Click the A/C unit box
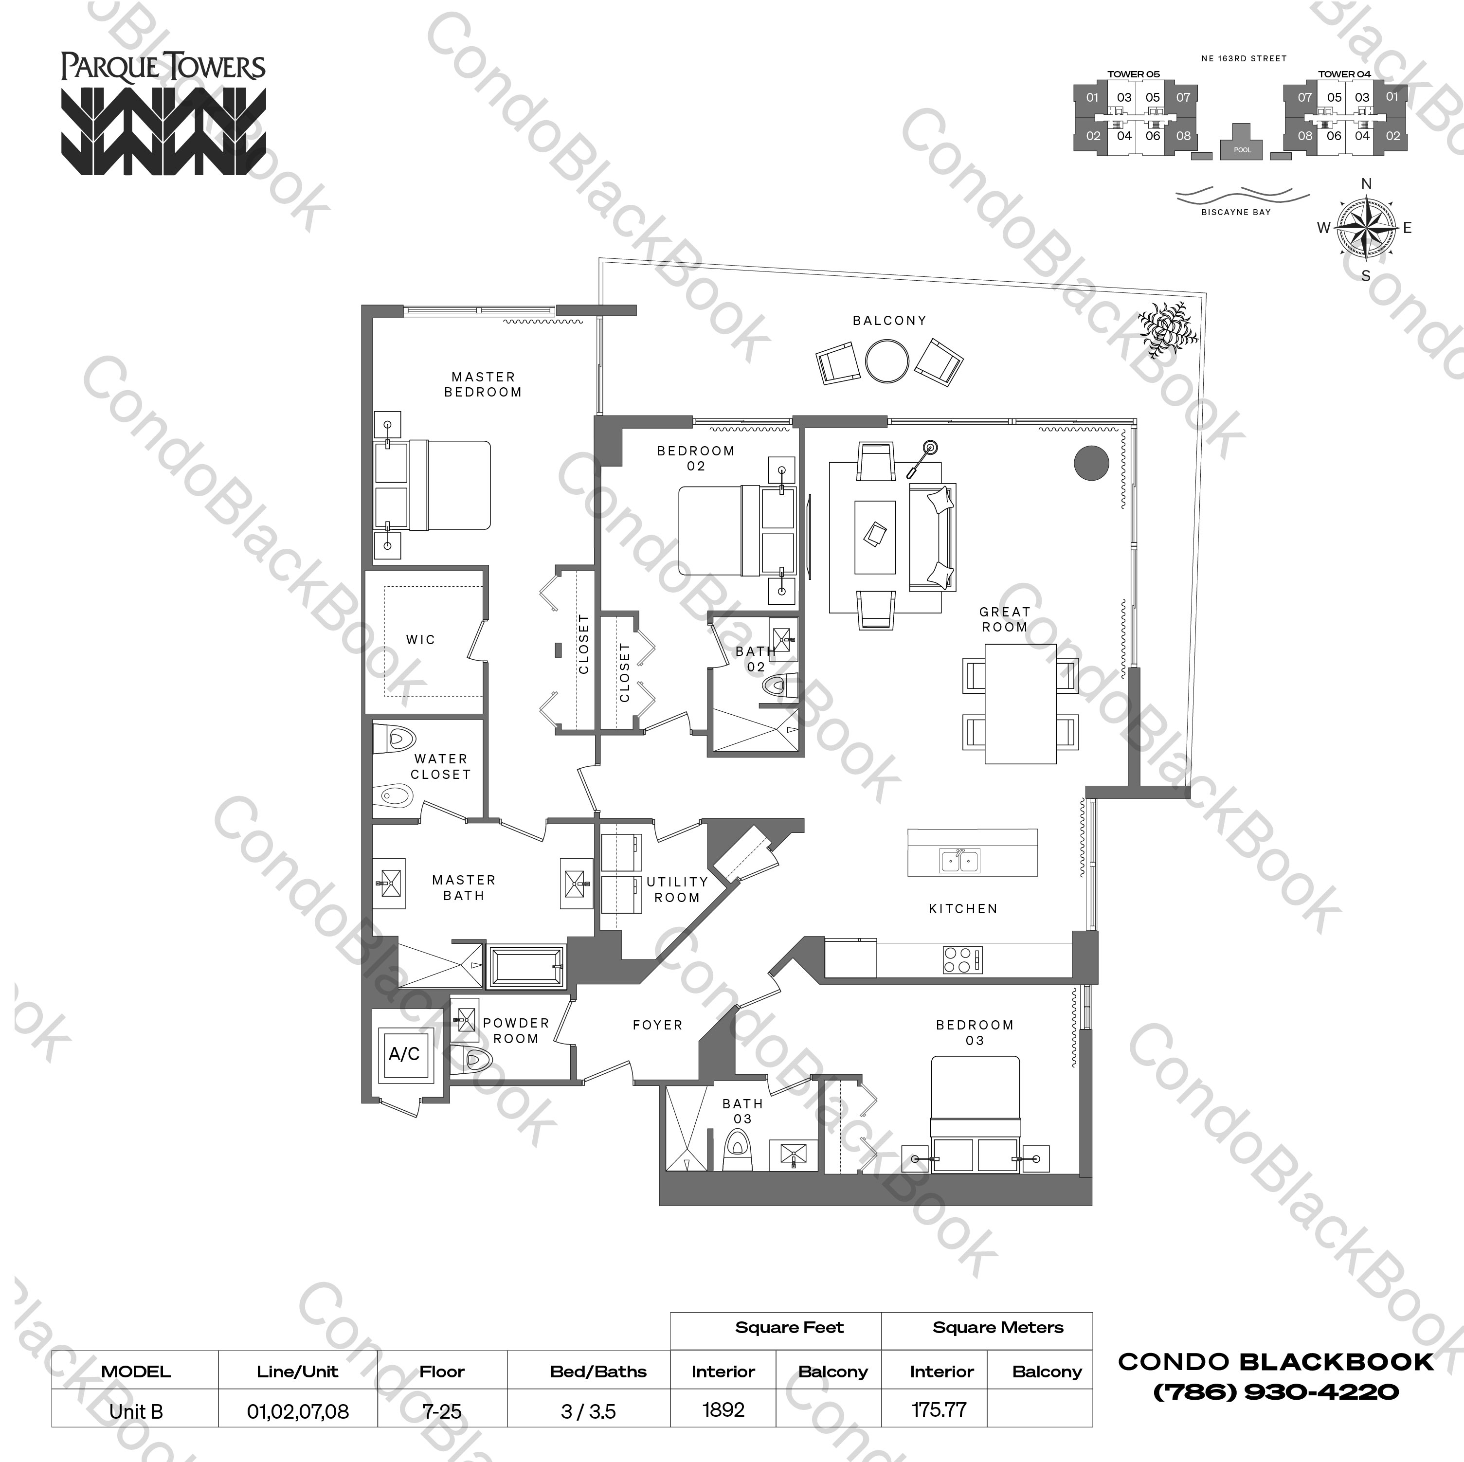pyautogui.click(x=404, y=1054)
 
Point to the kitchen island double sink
pyautogui.click(x=959, y=861)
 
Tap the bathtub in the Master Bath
pyautogui.click(x=526, y=966)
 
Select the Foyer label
pyautogui.click(x=657, y=1025)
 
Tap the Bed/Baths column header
pyautogui.click(x=598, y=1371)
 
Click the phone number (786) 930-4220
pyautogui.click(x=1275, y=1391)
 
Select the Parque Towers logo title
pyautogui.click(x=163, y=68)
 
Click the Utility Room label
pyautogui.click(x=677, y=889)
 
